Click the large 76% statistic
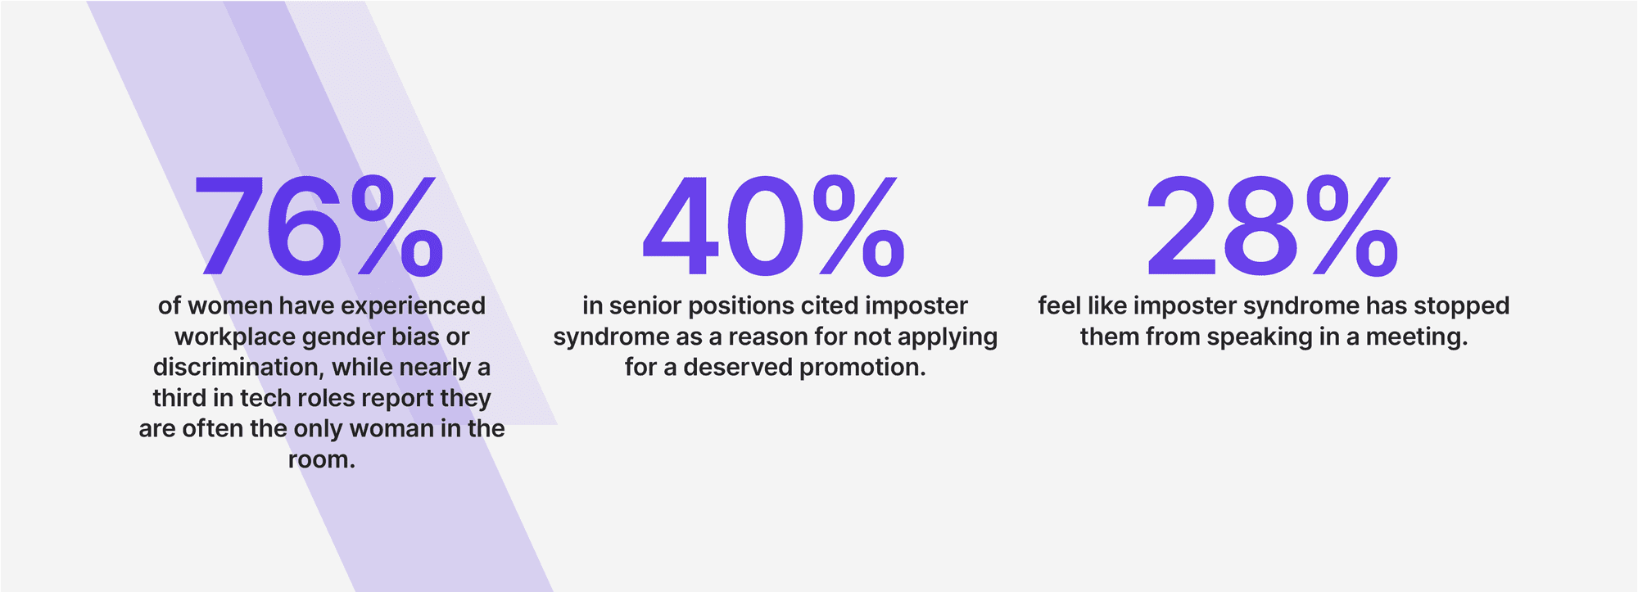(319, 226)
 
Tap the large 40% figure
(774, 226)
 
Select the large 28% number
(1272, 226)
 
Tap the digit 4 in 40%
(679, 227)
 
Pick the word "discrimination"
(238, 367)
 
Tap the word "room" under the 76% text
(317, 460)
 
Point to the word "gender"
(345, 337)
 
